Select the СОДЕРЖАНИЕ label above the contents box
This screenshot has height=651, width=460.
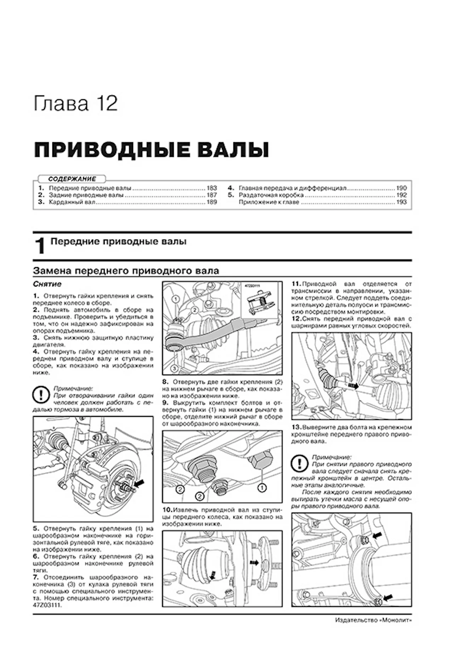(72, 179)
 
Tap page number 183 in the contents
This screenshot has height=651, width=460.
(211, 188)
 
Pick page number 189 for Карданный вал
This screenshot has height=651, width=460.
(211, 202)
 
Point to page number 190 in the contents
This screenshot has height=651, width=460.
(402, 188)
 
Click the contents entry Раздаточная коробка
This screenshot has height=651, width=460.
(271, 195)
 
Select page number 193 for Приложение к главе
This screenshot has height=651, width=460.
(402, 202)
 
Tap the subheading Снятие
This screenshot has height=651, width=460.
(47, 284)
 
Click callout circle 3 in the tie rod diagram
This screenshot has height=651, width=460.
(174, 368)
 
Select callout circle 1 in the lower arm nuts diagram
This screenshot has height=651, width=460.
(261, 488)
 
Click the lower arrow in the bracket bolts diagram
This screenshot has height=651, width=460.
(387, 597)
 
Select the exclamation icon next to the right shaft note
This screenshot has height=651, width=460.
(299, 463)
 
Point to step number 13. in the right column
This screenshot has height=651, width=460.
(296, 427)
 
